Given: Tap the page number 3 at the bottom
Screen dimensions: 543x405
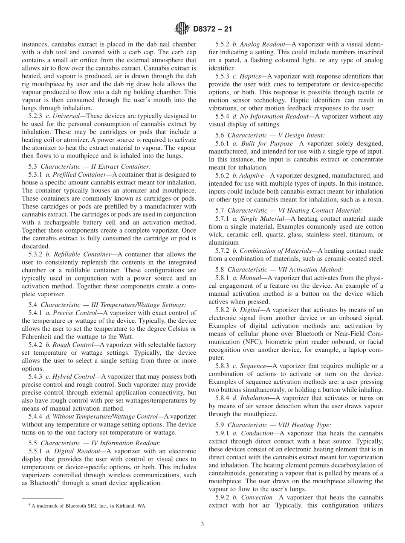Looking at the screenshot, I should [x=202, y=525].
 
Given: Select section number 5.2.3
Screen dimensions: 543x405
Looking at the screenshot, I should [x=36, y=116].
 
